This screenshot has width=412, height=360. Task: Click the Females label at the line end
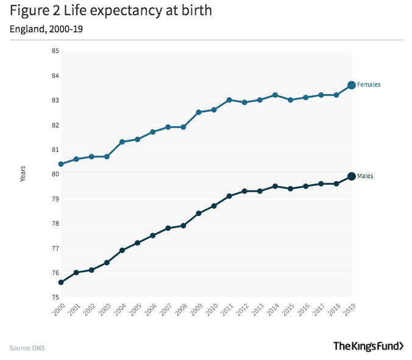coord(369,85)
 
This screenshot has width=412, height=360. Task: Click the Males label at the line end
coord(365,176)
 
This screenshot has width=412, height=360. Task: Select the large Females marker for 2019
coord(352,85)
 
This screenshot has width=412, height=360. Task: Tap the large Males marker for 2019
coord(352,176)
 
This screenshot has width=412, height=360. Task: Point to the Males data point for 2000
coord(61,283)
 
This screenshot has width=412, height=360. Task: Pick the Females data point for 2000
coord(61,164)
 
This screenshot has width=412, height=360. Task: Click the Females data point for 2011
coord(229,100)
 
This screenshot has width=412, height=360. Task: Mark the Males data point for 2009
coord(199,214)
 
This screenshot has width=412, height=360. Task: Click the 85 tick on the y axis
coord(55,51)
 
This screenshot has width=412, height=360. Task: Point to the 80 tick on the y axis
coord(55,175)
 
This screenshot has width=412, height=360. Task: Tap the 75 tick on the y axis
coord(55,298)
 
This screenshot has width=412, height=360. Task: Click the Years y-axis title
coord(23,175)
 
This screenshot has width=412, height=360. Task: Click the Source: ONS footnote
coord(27,348)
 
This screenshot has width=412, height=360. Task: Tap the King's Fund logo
coord(368,346)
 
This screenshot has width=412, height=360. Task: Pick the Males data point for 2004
coord(122,250)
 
